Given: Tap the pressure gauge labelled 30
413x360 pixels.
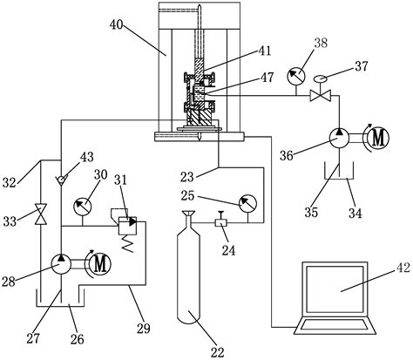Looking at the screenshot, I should point(81,207).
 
